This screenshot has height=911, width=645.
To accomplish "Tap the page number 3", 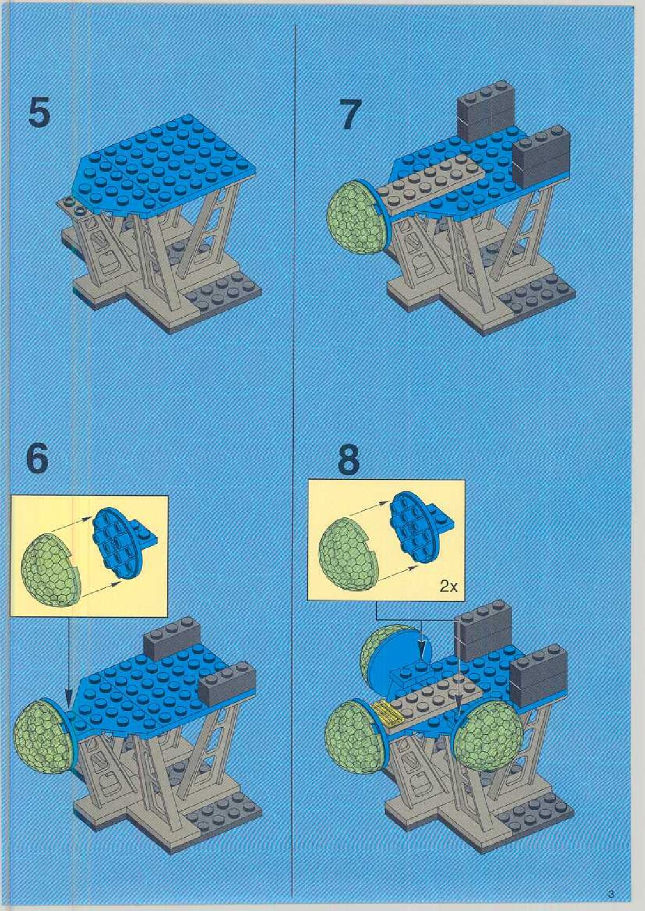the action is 610,894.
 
